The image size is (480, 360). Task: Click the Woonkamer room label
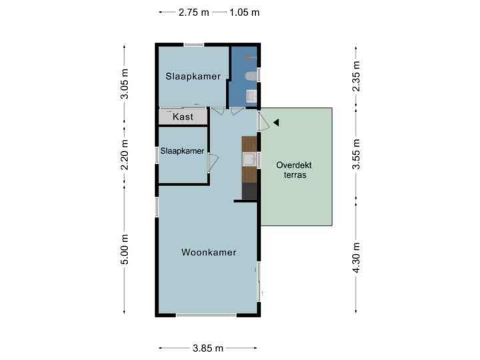pos(209,253)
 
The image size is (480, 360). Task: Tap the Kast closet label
pos(183,117)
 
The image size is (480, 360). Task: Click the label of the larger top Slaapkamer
pos(193,77)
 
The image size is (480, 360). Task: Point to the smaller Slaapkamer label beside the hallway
pos(182,151)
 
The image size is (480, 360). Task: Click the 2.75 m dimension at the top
pos(193,12)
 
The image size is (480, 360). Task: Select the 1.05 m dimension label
pos(244,12)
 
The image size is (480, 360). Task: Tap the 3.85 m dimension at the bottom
pos(209,348)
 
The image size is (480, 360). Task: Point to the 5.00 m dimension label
pos(124,251)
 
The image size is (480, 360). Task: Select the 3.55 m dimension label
pos(356,154)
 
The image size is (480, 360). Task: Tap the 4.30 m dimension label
pos(356,257)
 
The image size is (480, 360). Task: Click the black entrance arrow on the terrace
pos(276,122)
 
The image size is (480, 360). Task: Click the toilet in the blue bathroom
pos(251,77)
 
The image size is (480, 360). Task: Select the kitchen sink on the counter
pos(249,159)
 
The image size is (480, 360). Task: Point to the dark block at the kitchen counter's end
pos(249,191)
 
